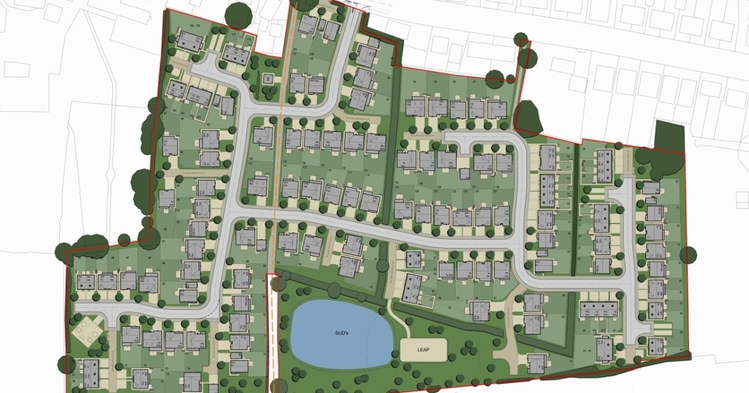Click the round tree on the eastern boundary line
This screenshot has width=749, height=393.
(688, 255)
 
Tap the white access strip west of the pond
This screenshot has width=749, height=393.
(272, 331)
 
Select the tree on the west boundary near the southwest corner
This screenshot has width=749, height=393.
(64, 362)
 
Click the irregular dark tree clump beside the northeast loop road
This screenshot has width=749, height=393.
(528, 115)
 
